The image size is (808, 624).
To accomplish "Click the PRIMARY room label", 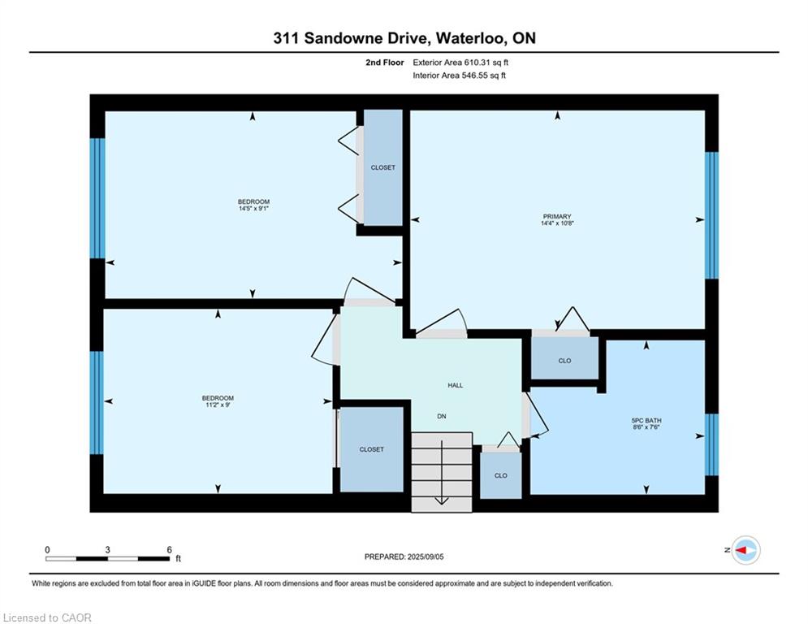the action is click(557, 217).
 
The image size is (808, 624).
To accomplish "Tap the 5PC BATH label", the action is click(646, 420).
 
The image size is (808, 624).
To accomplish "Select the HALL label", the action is click(455, 385).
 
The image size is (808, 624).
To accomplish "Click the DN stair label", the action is click(442, 416).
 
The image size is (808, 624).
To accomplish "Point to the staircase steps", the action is click(442, 472).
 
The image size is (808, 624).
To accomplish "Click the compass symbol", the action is click(746, 550).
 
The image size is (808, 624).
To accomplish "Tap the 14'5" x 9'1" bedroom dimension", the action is click(253, 208).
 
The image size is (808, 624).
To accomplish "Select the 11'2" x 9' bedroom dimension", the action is click(218, 405).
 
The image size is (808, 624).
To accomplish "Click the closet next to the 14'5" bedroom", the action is click(382, 167).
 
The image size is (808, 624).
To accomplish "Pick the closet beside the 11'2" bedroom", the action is click(372, 449).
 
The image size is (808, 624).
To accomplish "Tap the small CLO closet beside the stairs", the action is click(500, 475).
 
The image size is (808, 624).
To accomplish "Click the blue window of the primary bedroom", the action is click(711, 215).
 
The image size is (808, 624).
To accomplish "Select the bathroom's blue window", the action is click(711, 444).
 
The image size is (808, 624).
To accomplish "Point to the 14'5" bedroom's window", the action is click(97, 198).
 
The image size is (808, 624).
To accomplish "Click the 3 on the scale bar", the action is click(108, 550).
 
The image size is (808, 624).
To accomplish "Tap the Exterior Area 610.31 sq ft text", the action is click(460, 63).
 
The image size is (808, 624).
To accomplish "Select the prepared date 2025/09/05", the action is click(426, 557).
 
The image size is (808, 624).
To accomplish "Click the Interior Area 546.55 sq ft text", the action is click(459, 76).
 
